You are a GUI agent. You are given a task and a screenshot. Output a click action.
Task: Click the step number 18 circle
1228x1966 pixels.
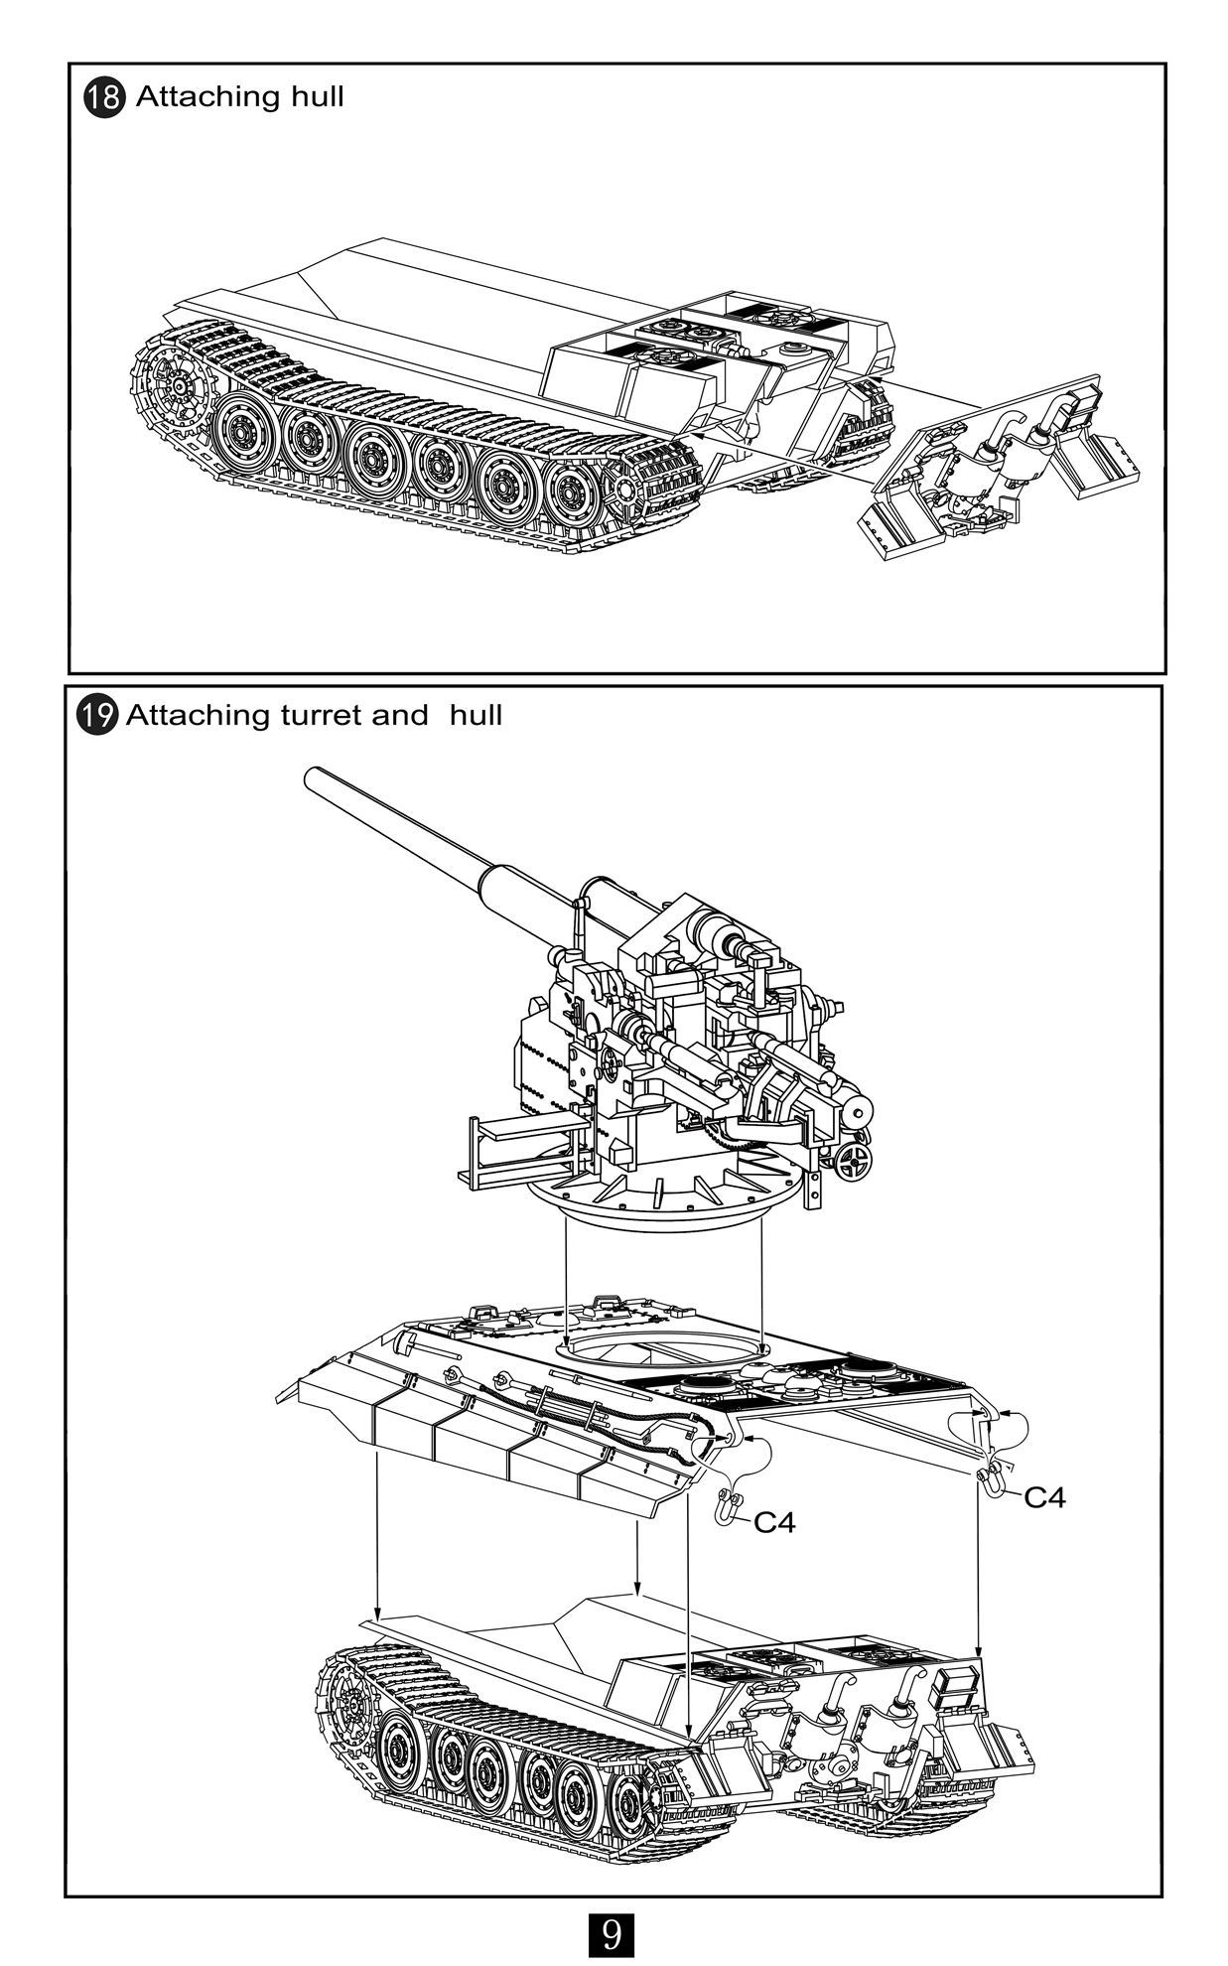click(103, 97)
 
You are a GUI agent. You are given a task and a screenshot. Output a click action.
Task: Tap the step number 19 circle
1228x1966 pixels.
click(97, 715)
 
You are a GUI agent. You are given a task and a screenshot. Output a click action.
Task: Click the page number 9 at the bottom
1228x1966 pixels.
click(612, 1933)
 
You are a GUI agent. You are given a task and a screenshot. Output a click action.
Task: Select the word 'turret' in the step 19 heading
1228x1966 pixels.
click(321, 715)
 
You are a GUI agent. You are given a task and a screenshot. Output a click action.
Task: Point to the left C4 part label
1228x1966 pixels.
click(774, 1522)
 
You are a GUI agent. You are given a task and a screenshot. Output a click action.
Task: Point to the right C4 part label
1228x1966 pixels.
click(1044, 1497)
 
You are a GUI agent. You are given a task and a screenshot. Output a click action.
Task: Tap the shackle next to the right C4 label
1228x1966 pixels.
click(991, 1479)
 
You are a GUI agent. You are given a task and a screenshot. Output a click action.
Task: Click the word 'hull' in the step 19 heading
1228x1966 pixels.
click(475, 715)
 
